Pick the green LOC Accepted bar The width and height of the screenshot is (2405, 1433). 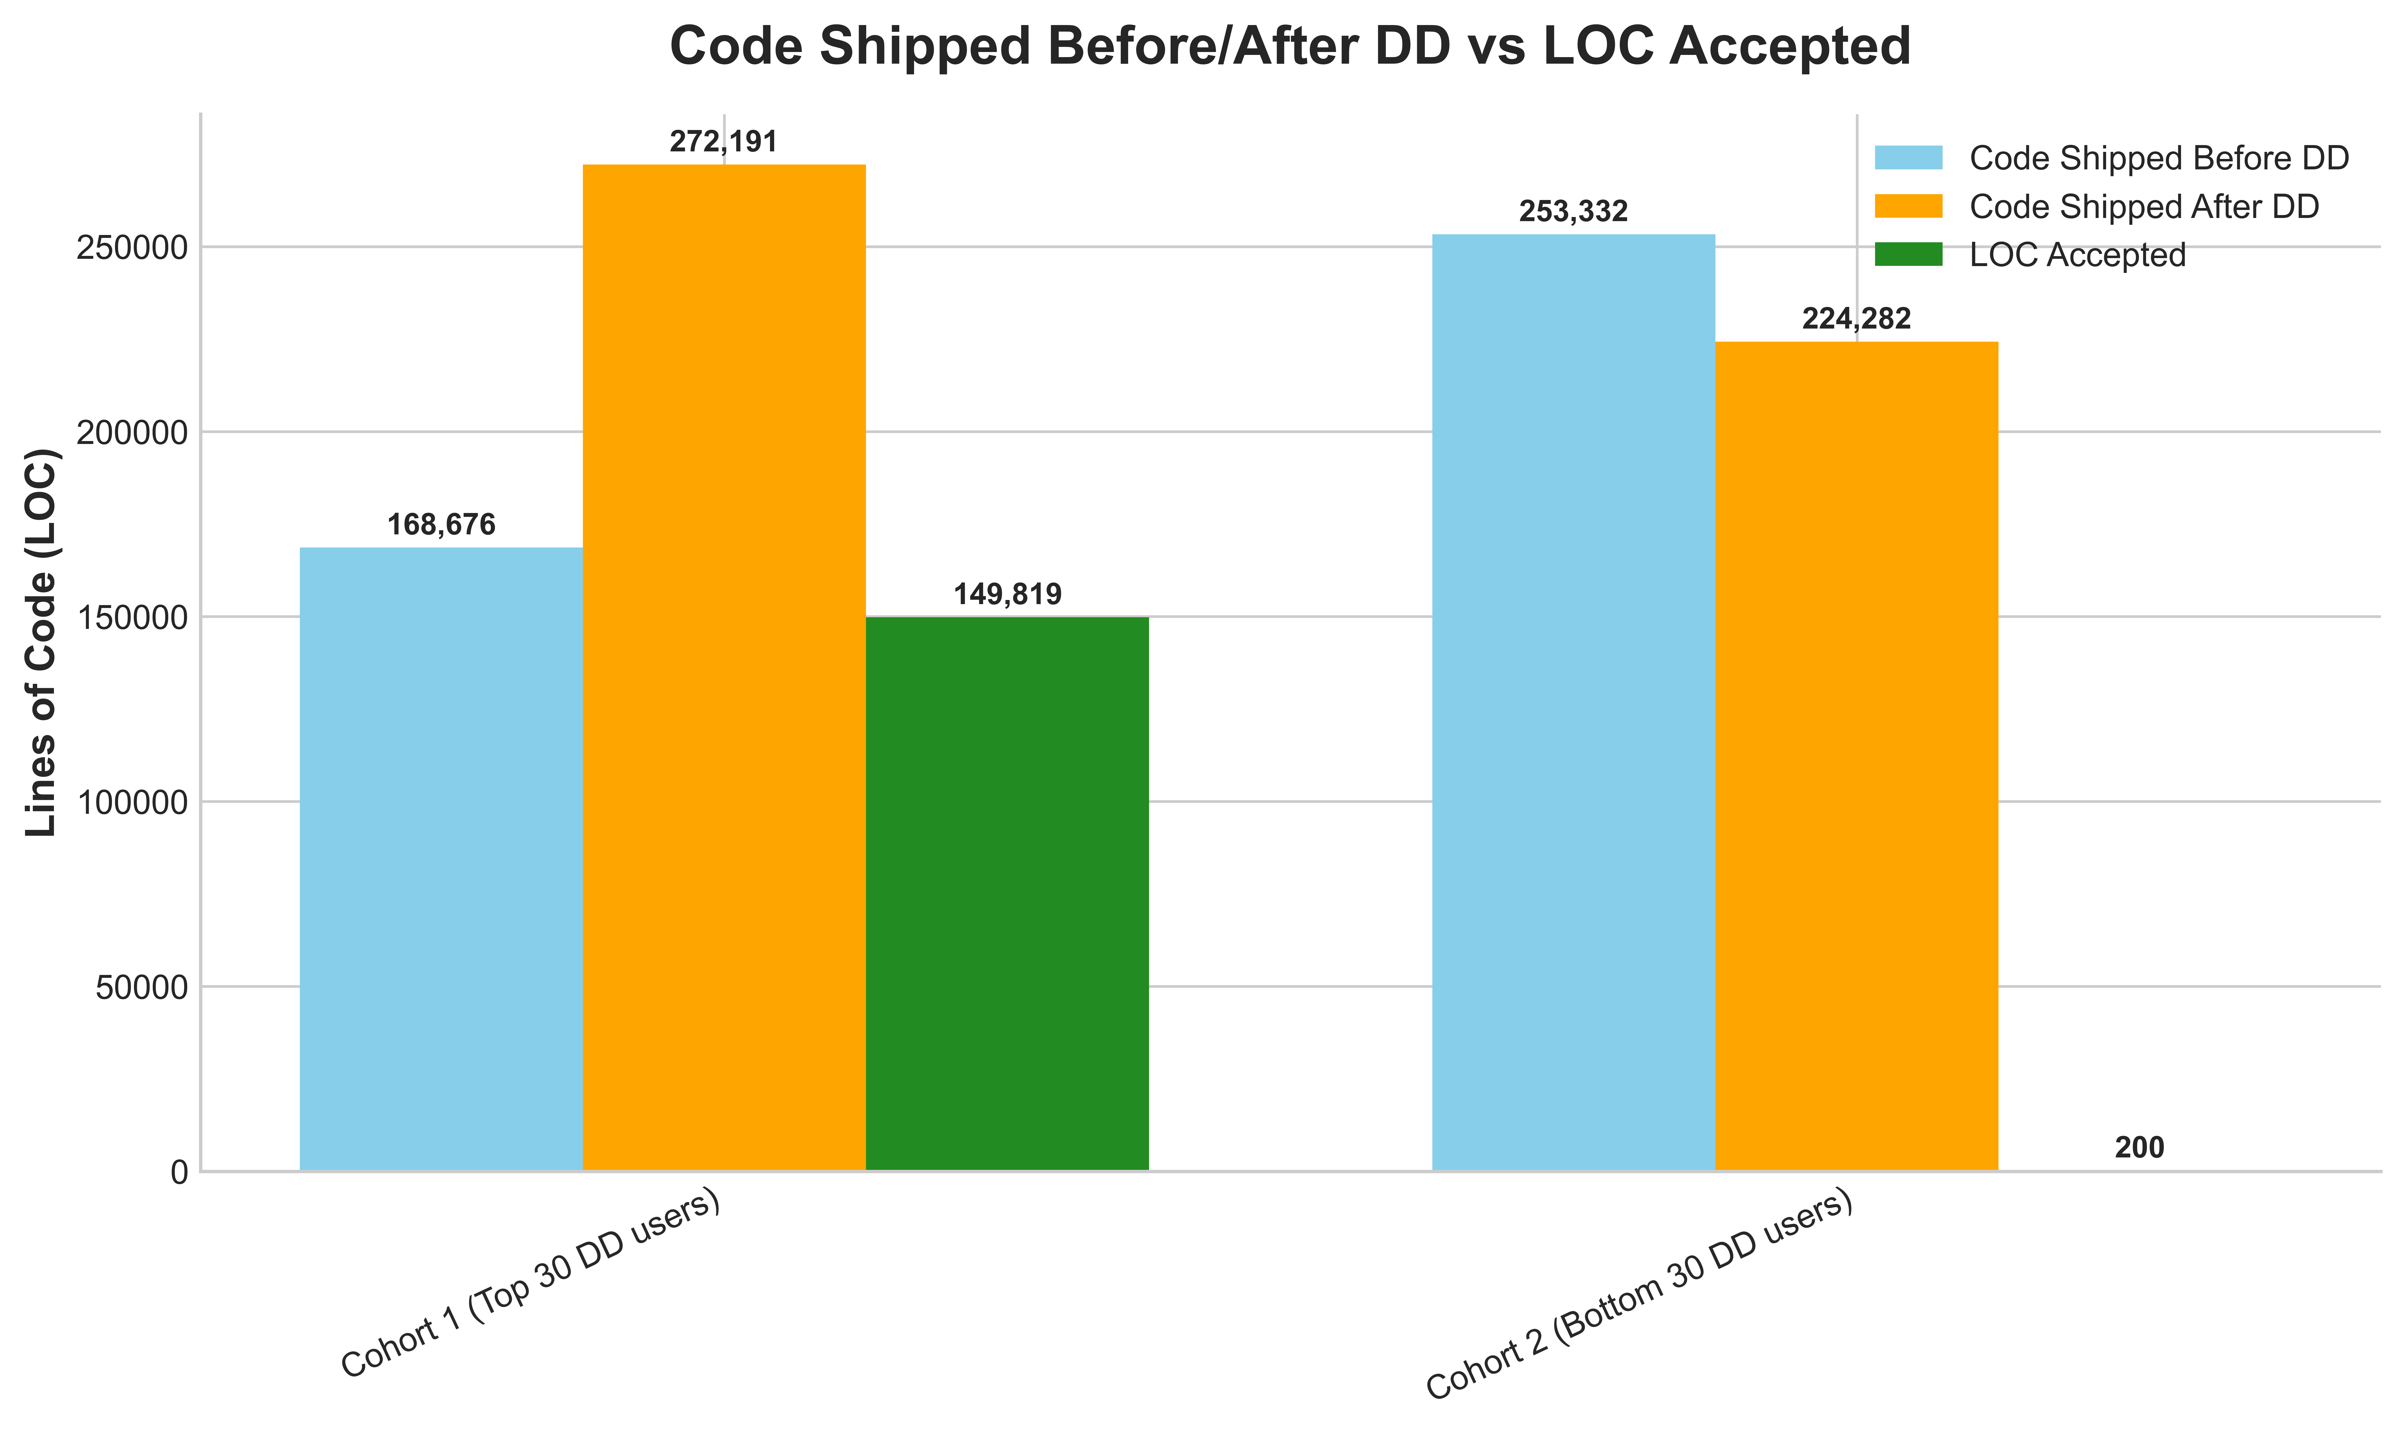[x=1007, y=893]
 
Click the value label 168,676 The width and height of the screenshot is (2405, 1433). [x=441, y=525]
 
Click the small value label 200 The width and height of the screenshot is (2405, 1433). [x=2139, y=1148]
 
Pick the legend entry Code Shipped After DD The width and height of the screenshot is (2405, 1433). [x=2143, y=207]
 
